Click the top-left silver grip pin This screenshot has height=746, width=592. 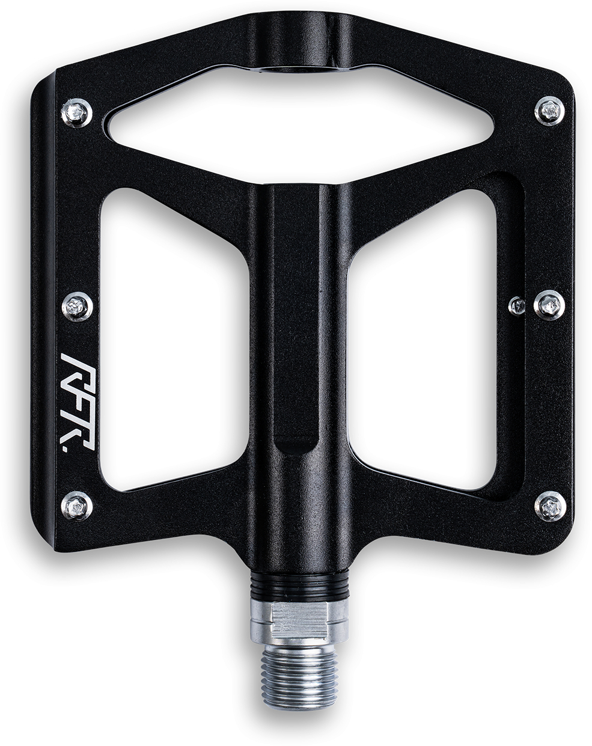pos(77,113)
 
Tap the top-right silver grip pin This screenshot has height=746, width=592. pos(549,111)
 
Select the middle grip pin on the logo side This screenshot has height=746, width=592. pos(77,307)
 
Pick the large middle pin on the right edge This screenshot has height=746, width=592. pos(549,305)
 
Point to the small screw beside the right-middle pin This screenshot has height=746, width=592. pos(516,305)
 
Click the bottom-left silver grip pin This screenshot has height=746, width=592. pos(77,506)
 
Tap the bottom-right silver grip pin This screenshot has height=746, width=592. pos(550,506)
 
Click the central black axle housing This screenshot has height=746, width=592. pos(299,361)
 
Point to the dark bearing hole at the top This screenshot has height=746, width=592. pos(299,68)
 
